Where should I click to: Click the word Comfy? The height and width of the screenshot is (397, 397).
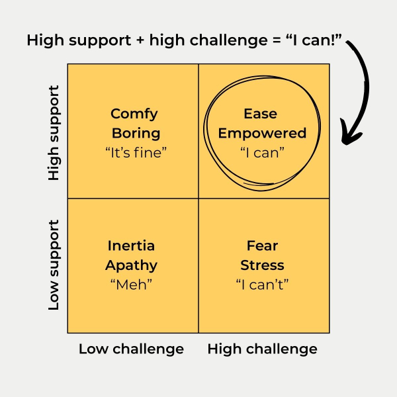pyautogui.click(x=134, y=114)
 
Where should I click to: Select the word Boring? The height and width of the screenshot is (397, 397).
pyautogui.click(x=136, y=133)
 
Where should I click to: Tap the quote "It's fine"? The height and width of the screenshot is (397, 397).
pyautogui.click(x=136, y=152)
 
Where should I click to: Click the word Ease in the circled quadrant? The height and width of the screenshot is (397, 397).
pyautogui.click(x=263, y=114)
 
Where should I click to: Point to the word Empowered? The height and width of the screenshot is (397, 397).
pyautogui.click(x=263, y=133)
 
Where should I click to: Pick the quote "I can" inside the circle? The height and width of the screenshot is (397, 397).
pyautogui.click(x=263, y=152)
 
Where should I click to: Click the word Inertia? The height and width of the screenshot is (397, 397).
pyautogui.click(x=131, y=246)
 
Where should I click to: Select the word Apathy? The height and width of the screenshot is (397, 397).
pyautogui.click(x=132, y=265)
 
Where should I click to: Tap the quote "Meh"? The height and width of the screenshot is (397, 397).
pyautogui.click(x=132, y=284)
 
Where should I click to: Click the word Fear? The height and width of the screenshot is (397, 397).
pyautogui.click(x=263, y=246)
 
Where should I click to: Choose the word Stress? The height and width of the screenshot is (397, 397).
pyautogui.click(x=263, y=265)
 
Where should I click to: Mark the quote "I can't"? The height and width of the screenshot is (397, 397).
pyautogui.click(x=263, y=284)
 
